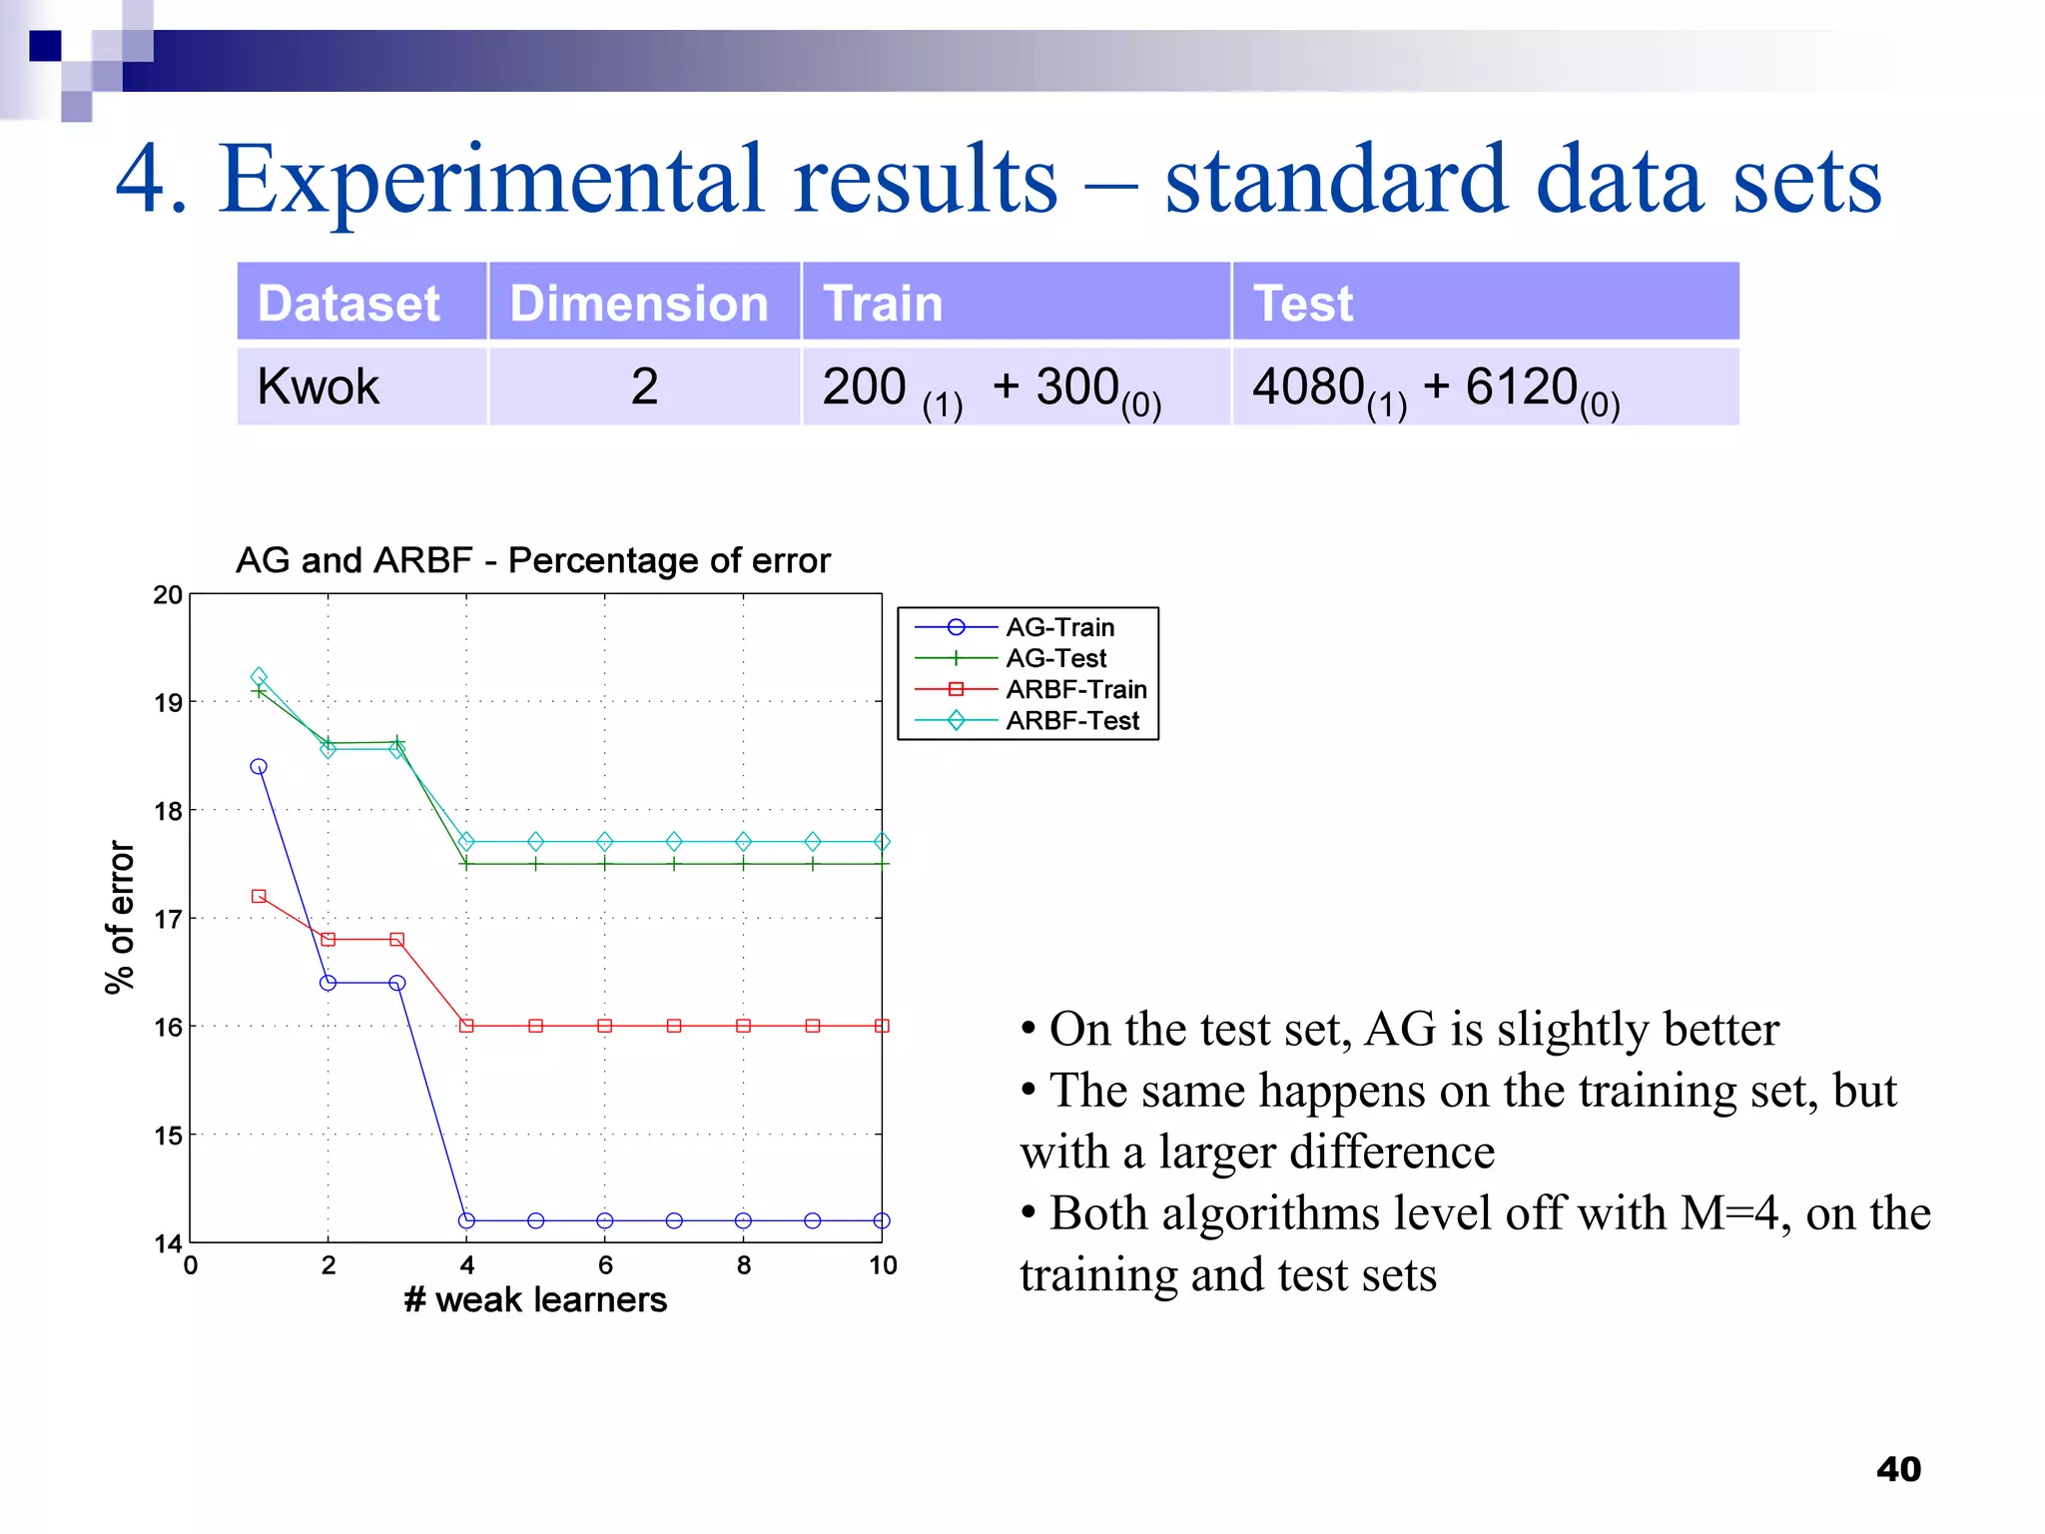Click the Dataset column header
[348, 304]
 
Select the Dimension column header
[639, 304]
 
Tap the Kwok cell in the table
[319, 386]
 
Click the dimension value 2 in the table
[644, 386]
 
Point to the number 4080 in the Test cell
[1308, 386]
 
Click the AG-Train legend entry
[1059, 627]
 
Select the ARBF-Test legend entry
[1071, 720]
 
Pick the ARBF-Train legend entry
[1075, 689]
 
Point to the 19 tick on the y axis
[168, 703]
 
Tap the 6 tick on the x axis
[605, 1265]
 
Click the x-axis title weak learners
[536, 1299]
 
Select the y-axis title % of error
[120, 917]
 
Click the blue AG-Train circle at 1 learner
[259, 767]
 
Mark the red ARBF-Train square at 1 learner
[259, 896]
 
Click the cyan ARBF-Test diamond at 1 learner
[259, 677]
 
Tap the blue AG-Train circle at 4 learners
[466, 1220]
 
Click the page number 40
[1898, 1469]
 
